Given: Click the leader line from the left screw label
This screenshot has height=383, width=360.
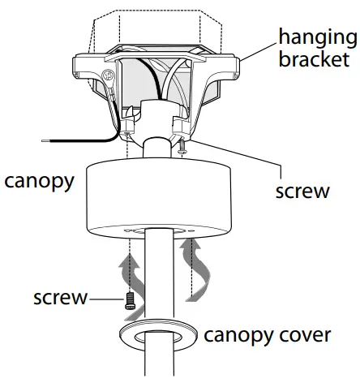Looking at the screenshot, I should pyautogui.click(x=103, y=298).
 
